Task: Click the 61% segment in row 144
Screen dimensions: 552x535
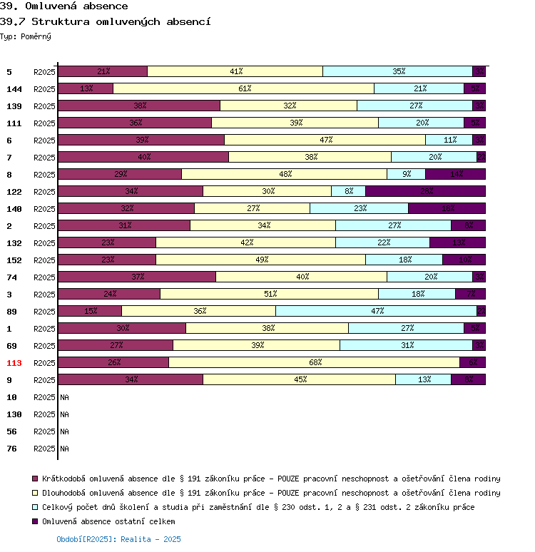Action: pos(244,88)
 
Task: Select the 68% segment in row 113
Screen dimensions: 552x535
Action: pos(315,362)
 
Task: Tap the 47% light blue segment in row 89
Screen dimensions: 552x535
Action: pos(376,311)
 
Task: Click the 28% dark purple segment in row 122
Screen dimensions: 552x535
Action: pos(426,191)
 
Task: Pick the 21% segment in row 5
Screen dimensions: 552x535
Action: pos(103,71)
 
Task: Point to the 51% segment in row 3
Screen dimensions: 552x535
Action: pos(270,294)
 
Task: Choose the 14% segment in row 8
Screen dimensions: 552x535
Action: pos(456,174)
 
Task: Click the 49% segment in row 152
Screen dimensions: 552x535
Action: pos(261,260)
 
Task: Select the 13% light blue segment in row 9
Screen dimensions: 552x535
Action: pos(424,379)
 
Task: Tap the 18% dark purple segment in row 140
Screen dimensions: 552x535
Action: pos(447,208)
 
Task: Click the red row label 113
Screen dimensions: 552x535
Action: pos(15,363)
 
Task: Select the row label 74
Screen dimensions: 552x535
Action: pos(12,277)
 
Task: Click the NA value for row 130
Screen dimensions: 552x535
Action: pos(64,414)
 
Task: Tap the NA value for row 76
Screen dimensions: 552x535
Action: pos(64,449)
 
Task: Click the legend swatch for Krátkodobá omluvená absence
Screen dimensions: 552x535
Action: pos(34,479)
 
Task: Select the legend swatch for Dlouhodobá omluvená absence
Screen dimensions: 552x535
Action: pos(34,493)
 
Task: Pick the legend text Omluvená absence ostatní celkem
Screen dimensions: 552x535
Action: pos(108,521)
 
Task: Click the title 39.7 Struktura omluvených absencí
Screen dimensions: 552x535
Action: pos(106,21)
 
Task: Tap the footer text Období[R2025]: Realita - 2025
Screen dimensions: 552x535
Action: pos(118,539)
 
